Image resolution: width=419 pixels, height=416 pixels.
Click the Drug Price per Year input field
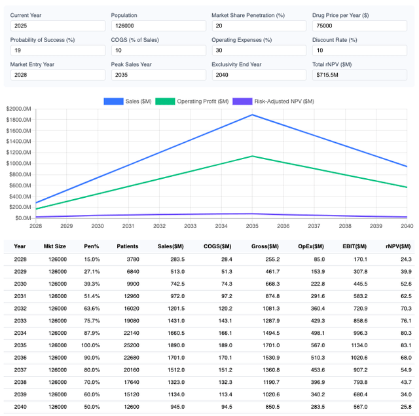(359, 26)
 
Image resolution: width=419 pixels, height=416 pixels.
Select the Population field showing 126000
(158, 26)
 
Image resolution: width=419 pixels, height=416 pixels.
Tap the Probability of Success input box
(58, 50)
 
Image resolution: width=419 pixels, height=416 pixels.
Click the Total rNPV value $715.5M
(359, 75)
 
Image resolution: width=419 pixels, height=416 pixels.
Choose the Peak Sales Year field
(158, 75)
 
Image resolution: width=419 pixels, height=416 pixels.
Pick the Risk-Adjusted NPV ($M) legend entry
(274, 101)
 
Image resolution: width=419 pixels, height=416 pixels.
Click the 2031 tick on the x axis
(128, 226)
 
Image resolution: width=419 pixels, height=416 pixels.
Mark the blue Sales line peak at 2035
(252, 115)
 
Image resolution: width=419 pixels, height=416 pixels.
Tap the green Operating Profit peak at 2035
(252, 156)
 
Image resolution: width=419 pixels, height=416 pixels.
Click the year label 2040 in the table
(20, 406)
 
